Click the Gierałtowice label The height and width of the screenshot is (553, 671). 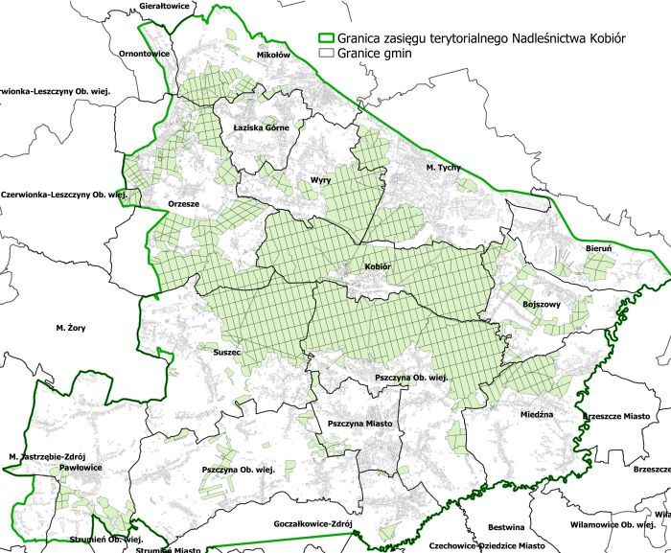tap(166, 6)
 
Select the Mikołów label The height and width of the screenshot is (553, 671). tap(273, 55)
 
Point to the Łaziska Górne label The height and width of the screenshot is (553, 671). tap(261, 127)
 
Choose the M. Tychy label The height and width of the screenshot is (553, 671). tap(443, 168)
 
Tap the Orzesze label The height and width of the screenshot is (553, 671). tap(184, 203)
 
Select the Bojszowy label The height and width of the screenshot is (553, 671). tap(542, 304)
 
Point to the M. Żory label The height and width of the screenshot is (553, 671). tap(70, 328)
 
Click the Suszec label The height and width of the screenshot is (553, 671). tap(226, 353)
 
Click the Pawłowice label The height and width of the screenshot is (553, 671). tap(75, 469)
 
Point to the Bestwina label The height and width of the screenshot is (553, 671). tap(505, 527)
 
